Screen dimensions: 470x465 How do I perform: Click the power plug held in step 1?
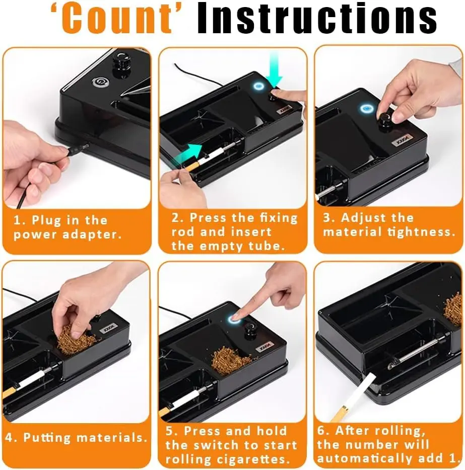[76, 149]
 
